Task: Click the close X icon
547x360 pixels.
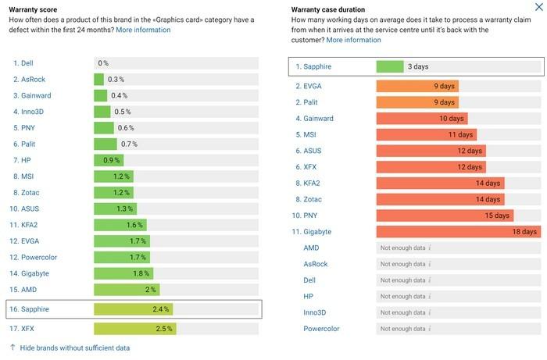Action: (538, 6)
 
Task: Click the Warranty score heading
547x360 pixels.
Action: (33, 9)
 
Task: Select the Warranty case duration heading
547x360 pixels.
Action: (328, 9)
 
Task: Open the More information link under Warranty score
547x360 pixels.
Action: (143, 30)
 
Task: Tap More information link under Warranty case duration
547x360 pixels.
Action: (353, 40)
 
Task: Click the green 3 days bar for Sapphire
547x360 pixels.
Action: (390, 66)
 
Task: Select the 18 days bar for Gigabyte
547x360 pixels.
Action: (459, 232)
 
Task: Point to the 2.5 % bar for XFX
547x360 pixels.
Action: (135, 329)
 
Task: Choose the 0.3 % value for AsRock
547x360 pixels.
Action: (116, 80)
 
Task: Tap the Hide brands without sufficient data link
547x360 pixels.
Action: (75, 348)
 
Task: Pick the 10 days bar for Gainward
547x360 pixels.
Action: (422, 119)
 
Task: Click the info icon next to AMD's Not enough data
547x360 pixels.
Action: (430, 248)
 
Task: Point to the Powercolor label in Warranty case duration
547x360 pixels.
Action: (321, 329)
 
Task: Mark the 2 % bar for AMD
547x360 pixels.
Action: (127, 290)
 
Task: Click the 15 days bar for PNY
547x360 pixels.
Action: (445, 216)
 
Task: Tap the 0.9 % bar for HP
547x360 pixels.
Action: (109, 160)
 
